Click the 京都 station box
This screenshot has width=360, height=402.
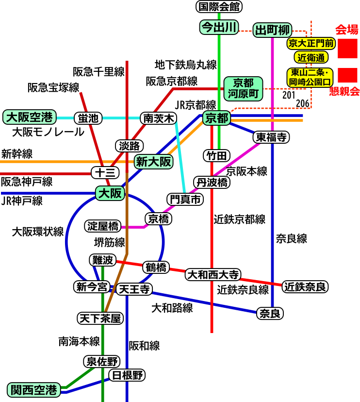tap(217, 118)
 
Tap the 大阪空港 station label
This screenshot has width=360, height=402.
tap(30, 117)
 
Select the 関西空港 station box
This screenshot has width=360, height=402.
tap(34, 390)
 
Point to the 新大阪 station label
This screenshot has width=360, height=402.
tap(153, 162)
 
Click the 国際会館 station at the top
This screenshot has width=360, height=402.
tap(219, 7)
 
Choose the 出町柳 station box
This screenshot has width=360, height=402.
tap(272, 30)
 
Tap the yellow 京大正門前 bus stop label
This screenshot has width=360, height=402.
tap(311, 43)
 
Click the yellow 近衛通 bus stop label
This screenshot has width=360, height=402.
tap(311, 57)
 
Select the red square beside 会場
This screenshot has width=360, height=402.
tap(347, 49)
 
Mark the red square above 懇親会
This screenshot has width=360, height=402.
tap(347, 75)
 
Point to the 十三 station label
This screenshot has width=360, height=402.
tap(105, 172)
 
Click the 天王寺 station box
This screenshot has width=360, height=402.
tap(134, 289)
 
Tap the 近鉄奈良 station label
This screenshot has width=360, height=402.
tap(305, 286)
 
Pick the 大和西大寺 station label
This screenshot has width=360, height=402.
tap(213, 275)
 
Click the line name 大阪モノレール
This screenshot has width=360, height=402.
tap(48, 132)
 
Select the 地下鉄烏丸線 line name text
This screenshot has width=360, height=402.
tap(186, 65)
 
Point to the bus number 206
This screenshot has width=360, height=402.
tap(303, 103)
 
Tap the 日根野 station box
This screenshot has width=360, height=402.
tap(127, 375)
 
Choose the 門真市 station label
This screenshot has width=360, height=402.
tap(185, 199)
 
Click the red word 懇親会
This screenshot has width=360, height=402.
tap(344, 91)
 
